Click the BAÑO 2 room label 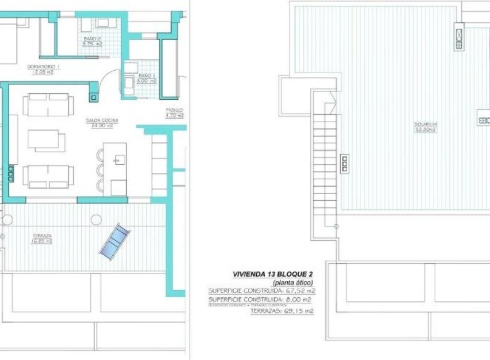[x=92, y=39]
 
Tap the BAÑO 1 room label [x=147, y=76]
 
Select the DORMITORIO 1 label [x=43, y=67]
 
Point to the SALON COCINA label [x=102, y=120]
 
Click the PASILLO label [x=174, y=110]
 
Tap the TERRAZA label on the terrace [x=42, y=236]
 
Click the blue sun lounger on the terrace [x=115, y=242]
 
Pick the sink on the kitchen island [x=120, y=159]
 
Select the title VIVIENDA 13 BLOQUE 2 [x=274, y=275]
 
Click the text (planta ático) [x=293, y=283]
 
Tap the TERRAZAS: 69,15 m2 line [x=282, y=312]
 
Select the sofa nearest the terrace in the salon [x=48, y=176]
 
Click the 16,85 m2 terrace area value [x=42, y=241]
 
